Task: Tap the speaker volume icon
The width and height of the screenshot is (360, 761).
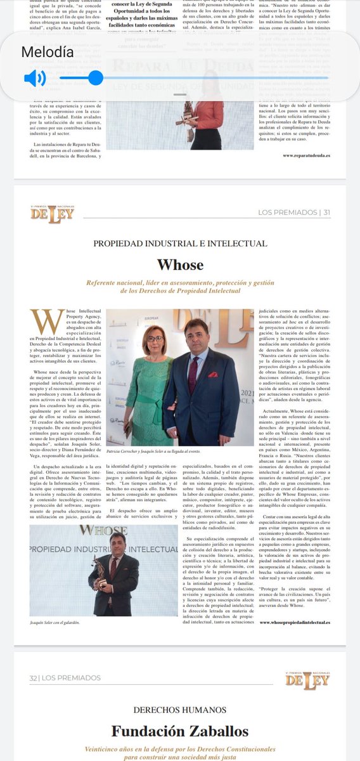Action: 35,78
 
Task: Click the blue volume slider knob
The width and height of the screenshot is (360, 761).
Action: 96,78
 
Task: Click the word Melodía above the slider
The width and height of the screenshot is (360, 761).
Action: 47,52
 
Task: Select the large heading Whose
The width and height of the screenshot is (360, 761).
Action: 180,264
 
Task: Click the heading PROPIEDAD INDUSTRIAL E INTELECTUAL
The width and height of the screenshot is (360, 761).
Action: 180,244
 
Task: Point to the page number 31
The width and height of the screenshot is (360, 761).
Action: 326,212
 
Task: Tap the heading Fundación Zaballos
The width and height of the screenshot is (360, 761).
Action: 180,731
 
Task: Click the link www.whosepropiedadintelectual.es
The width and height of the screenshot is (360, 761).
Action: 294,623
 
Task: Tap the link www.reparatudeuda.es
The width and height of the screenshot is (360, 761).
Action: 307,154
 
